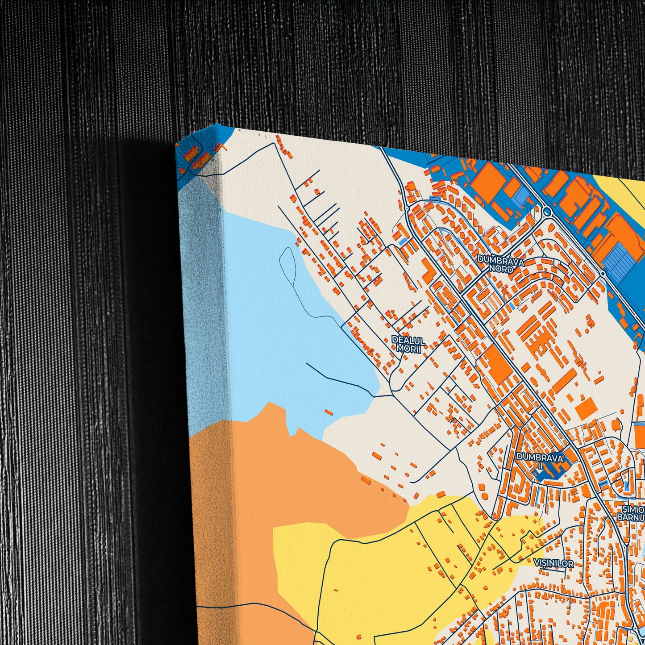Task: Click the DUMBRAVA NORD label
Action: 499,264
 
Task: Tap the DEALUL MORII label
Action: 408,344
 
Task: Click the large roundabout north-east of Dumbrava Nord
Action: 547,211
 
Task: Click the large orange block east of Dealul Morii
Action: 497,365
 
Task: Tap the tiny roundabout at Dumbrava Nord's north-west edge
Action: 407,208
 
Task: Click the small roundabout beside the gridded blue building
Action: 603,274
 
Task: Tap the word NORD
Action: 500,269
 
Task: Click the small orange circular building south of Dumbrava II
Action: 485,496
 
